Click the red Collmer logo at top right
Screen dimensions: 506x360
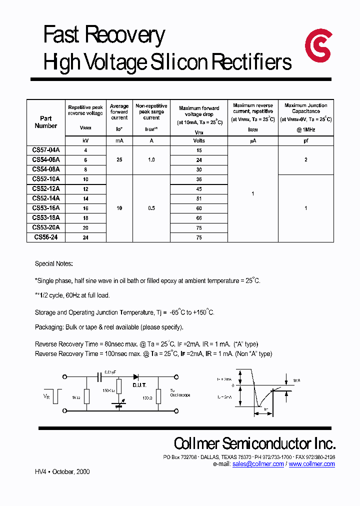tap(318, 45)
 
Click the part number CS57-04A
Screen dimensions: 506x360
tap(46, 150)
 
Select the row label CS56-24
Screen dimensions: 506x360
tap(46, 237)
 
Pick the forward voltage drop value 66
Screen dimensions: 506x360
tap(199, 218)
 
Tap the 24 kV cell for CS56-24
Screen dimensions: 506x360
tap(85, 238)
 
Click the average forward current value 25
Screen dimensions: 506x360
tap(119, 160)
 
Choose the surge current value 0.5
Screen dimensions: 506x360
tap(151, 208)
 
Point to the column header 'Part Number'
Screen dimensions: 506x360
tap(46, 122)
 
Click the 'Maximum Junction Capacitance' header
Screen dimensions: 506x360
tap(305, 108)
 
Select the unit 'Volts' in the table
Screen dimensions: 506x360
tap(199, 141)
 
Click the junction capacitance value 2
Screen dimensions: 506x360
tap(305, 160)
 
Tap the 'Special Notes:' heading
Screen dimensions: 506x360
tap(53, 263)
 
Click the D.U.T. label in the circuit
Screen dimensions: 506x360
tap(139, 385)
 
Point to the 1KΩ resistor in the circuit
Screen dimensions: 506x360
tap(87, 397)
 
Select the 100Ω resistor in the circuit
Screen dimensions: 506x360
tap(159, 397)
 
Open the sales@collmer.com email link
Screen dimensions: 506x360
tap(258, 464)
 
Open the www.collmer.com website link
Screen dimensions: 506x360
tap(311, 464)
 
